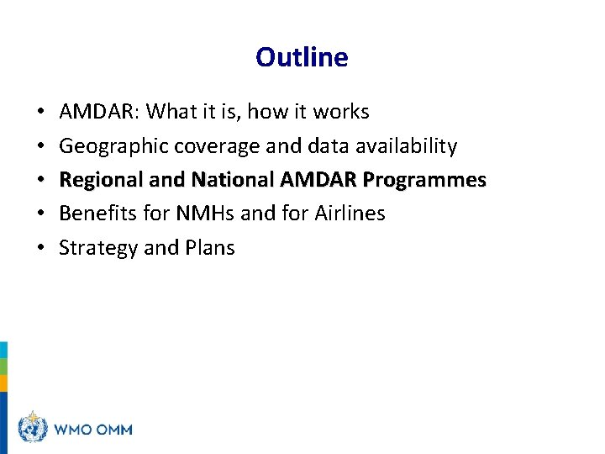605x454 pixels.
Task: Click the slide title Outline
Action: click(302, 57)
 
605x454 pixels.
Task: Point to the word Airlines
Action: click(350, 214)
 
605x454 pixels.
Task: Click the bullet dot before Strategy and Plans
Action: click(41, 249)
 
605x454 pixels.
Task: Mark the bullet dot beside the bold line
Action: click(41, 181)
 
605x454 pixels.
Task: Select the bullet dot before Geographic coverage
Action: click(41, 147)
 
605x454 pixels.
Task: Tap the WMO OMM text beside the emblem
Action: click(92, 429)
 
